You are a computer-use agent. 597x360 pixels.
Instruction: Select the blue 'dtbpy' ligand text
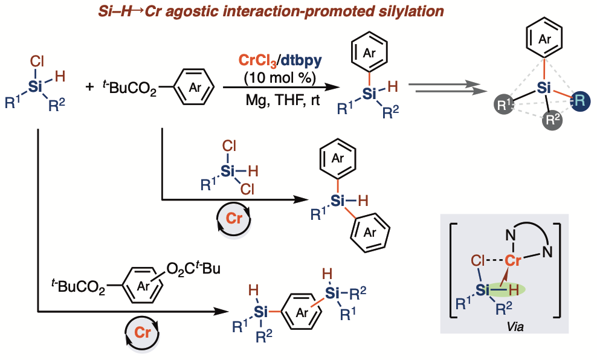[301, 60]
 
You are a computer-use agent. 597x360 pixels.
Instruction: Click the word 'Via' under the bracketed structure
[515, 326]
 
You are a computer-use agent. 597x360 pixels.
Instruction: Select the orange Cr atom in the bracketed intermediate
[513, 261]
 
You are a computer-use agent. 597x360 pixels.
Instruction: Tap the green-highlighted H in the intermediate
[514, 290]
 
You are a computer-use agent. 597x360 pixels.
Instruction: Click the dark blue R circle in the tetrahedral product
[580, 101]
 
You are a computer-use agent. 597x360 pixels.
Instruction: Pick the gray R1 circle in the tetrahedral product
[503, 104]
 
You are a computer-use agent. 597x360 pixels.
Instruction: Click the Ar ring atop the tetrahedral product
[544, 39]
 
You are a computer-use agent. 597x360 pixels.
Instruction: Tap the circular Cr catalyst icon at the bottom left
[143, 332]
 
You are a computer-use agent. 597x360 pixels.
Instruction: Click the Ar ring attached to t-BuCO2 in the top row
[194, 87]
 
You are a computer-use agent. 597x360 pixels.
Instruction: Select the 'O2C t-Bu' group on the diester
[193, 268]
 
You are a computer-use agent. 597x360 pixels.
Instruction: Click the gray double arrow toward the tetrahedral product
[447, 87]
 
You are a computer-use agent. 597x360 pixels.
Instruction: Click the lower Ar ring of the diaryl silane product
[370, 232]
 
